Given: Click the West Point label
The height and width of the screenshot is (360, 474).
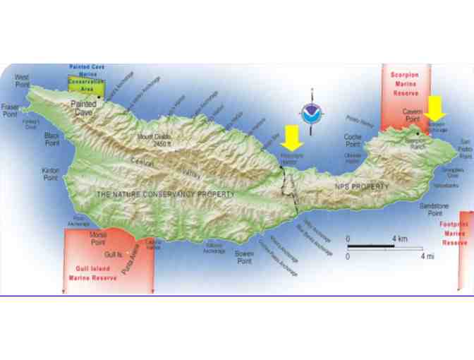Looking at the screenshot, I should [22, 80].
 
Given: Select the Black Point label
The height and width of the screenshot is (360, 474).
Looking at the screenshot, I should [52, 138].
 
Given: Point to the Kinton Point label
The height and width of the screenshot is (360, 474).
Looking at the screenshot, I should [50, 174].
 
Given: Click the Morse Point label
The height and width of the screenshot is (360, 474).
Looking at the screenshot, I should [98, 237].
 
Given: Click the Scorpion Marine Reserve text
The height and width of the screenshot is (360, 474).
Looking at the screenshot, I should [404, 81].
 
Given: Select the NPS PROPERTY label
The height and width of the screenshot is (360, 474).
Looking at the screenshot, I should [361, 186].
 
